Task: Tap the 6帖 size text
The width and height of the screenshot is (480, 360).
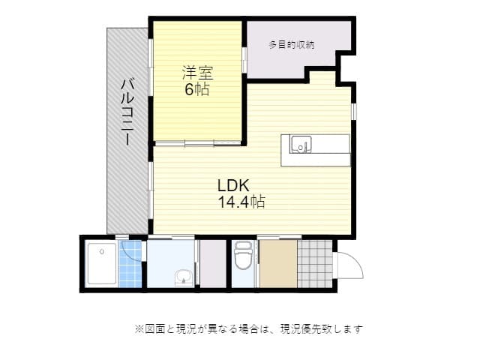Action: pyautogui.click(x=197, y=89)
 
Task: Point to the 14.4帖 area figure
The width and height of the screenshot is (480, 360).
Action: pyautogui.click(x=241, y=201)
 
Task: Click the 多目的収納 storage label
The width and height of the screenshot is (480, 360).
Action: pyautogui.click(x=291, y=45)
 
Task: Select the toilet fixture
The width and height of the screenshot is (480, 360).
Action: pyautogui.click(x=241, y=259)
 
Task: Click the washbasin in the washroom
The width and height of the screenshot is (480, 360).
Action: pyautogui.click(x=182, y=278)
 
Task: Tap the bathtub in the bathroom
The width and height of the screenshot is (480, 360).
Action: pyautogui.click(x=100, y=263)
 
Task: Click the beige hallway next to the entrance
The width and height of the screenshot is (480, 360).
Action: pyautogui.click(x=277, y=263)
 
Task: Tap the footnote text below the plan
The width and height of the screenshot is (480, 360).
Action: pyautogui.click(x=248, y=328)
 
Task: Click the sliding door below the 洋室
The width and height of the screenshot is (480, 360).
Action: pyautogui.click(x=198, y=142)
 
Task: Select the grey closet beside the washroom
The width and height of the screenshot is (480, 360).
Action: pyautogui.click(x=213, y=263)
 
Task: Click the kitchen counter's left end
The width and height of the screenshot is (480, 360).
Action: pyautogui.click(x=286, y=150)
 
